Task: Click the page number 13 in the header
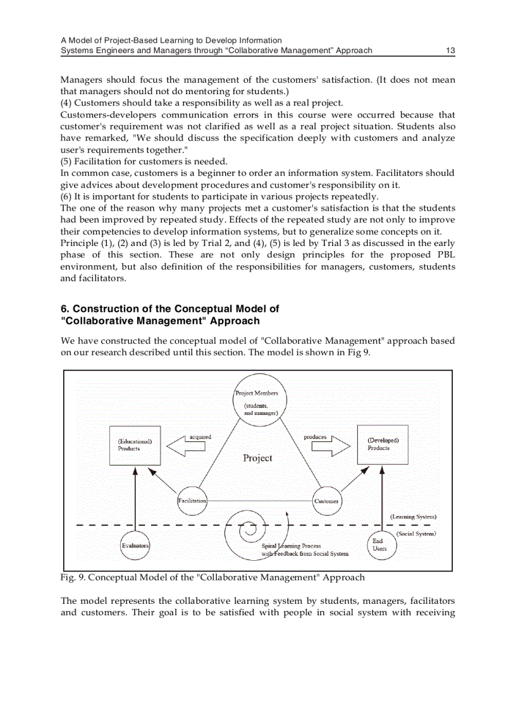click(451, 51)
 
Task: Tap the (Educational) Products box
click(135, 444)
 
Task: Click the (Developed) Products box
click(383, 444)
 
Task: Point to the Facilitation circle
click(192, 501)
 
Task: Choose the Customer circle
click(326, 501)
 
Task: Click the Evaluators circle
click(135, 545)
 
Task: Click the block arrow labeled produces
click(330, 446)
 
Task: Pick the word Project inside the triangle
click(257, 458)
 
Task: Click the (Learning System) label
click(413, 517)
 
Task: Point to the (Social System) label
click(416, 534)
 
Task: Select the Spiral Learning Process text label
click(292, 546)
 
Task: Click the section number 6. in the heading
click(64, 309)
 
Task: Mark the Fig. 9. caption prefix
click(72, 577)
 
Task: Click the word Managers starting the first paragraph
click(81, 80)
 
